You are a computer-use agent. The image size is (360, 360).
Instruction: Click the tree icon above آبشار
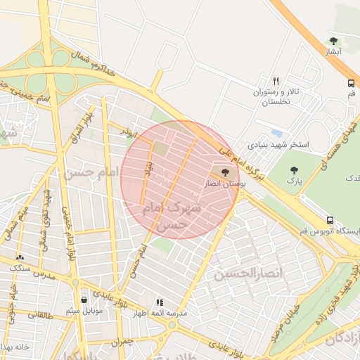(333, 41)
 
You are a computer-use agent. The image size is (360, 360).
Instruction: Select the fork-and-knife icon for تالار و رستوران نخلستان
(276, 81)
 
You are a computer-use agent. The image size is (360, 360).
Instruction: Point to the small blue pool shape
(277, 133)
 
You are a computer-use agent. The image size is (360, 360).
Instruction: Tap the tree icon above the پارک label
(294, 169)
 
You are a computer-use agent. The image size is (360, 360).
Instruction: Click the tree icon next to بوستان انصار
(225, 172)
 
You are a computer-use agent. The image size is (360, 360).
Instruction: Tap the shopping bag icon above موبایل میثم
(84, 300)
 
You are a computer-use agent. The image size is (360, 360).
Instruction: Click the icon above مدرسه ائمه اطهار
(160, 302)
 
